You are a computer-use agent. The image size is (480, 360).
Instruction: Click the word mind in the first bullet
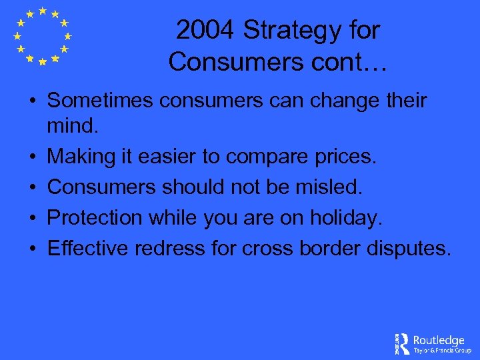coord(73,125)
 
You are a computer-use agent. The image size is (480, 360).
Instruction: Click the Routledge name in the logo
coord(439,340)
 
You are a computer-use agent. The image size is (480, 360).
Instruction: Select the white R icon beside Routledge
coord(403,343)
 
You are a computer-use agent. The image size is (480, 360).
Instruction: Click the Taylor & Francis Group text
coord(442,350)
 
